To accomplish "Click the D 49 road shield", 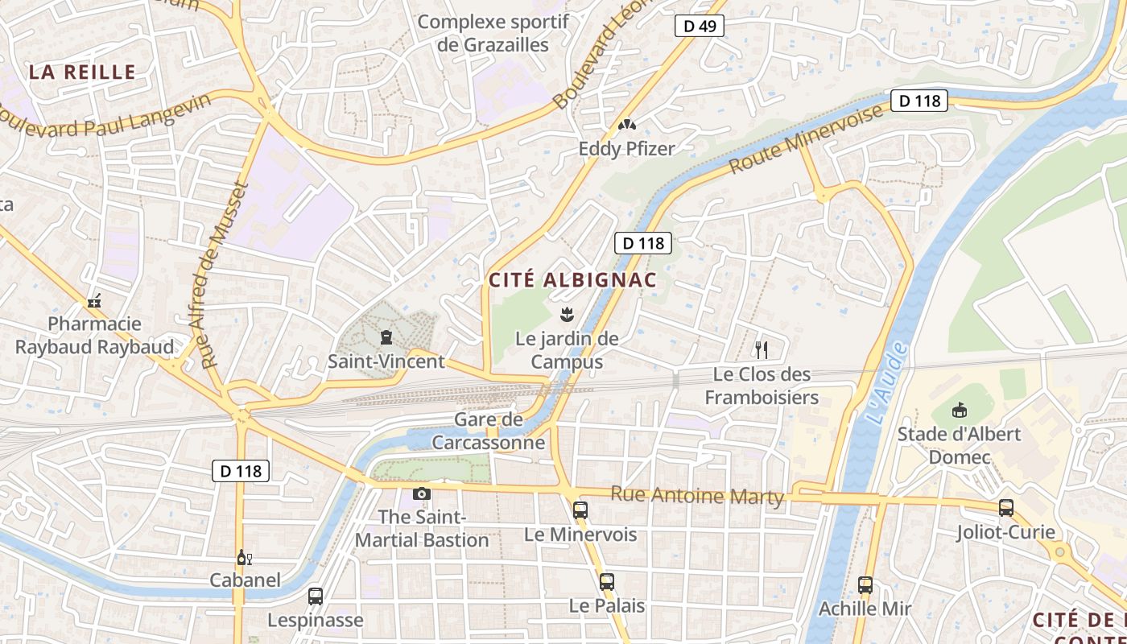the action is point(699,26).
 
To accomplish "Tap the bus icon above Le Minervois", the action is point(580,510).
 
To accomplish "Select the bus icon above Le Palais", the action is point(606,581).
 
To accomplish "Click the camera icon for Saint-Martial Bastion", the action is point(421,493).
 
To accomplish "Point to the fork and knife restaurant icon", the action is point(761,349).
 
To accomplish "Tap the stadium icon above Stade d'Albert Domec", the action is point(959,411).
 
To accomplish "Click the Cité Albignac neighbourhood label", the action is point(572,280).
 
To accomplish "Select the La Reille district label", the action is point(82,72).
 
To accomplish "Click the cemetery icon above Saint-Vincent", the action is point(386,337).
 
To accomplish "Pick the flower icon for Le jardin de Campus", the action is point(567,312).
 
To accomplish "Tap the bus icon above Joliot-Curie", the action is point(1005,507).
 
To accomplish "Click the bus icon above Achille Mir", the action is point(865,585).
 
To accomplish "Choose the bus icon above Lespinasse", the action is point(315,597).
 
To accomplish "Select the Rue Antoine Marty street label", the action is point(696,495).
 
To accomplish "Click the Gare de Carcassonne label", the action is point(489,431).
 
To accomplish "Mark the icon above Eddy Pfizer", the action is point(626,125).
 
